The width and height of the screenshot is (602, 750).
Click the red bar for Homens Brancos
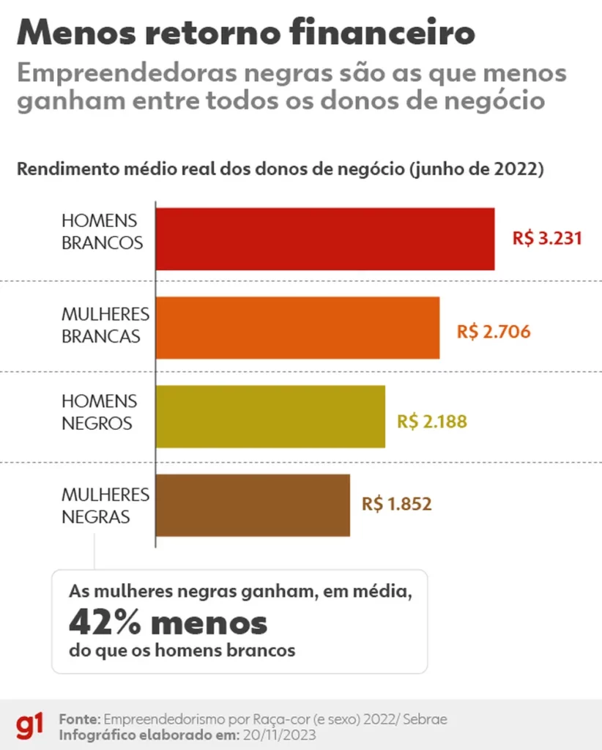pos(324,239)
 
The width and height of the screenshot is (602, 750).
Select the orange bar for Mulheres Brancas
pos(297,327)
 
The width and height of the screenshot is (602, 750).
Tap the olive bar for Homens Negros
pos(270,416)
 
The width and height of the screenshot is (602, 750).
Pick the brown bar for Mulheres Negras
pos(253,505)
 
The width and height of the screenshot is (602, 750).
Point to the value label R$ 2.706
pos(494,331)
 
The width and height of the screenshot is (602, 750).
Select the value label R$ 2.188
pos(432,422)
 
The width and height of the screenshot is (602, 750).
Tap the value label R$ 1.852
pos(396,504)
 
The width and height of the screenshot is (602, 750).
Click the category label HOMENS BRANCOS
pos(102,231)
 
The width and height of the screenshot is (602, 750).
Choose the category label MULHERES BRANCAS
pos(105,325)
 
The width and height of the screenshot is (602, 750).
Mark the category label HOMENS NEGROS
pos(99,412)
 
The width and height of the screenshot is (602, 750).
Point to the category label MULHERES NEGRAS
pos(105,505)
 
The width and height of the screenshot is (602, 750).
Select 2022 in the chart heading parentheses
pos(513,169)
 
